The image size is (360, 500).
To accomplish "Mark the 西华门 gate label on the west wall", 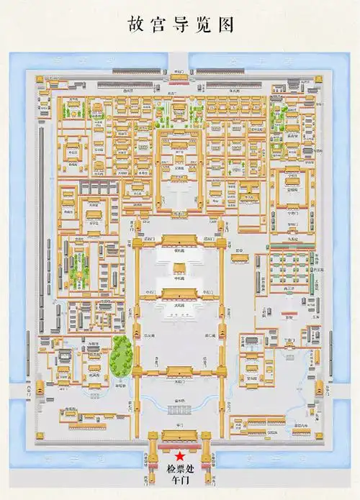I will (29, 388).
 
